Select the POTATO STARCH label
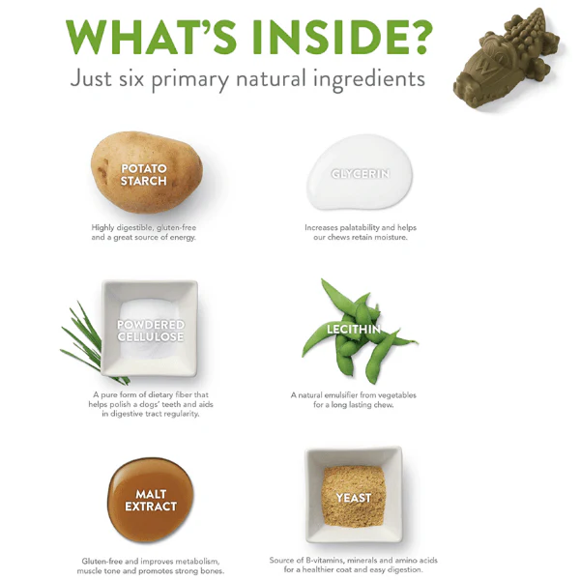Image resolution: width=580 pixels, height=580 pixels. [x=144, y=174]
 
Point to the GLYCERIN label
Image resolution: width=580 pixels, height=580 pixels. [x=359, y=174]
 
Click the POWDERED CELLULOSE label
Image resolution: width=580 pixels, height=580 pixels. [x=150, y=331]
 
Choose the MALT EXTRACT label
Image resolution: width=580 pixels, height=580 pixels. [x=150, y=500]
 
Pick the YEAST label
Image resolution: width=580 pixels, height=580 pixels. [x=353, y=499]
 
